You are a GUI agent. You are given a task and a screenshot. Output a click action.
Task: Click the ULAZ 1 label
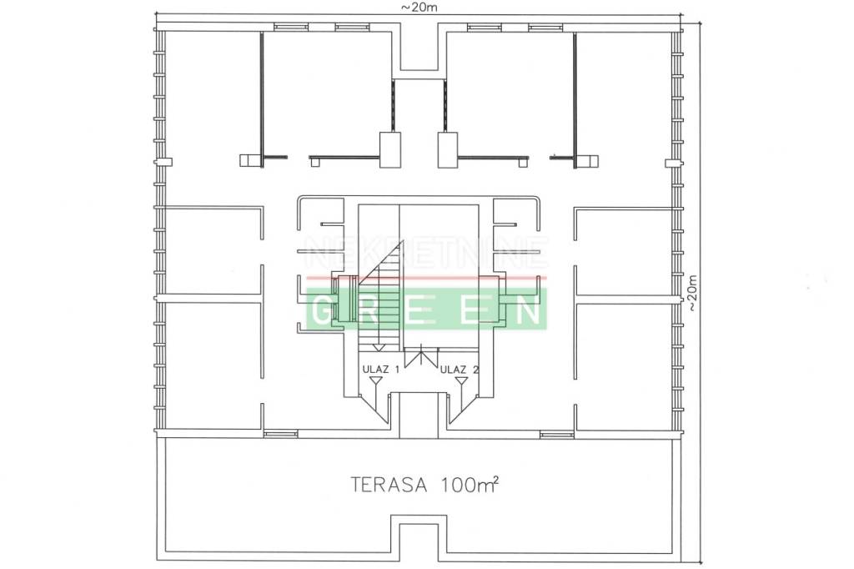click(x=380, y=370)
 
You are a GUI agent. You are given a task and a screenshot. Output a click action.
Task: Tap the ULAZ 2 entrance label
click(x=460, y=370)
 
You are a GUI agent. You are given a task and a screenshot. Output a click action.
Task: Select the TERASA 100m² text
click(x=424, y=484)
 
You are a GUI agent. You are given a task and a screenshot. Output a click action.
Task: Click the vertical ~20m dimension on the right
click(x=691, y=292)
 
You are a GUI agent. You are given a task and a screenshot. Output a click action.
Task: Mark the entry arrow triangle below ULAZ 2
click(x=461, y=380)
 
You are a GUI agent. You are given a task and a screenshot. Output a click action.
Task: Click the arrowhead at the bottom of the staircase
click(x=379, y=346)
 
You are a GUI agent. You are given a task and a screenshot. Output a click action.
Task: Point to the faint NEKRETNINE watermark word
click(x=426, y=253)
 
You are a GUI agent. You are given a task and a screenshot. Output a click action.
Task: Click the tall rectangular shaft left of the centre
click(x=390, y=149)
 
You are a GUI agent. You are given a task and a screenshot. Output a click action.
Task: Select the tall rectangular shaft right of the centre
click(x=448, y=149)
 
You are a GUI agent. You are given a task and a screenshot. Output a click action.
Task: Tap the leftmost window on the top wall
click(x=291, y=27)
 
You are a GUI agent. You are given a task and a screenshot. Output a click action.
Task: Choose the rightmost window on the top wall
click(x=546, y=27)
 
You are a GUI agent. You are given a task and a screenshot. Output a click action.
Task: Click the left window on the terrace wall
click(x=280, y=434)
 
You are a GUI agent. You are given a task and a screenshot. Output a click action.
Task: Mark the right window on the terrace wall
click(x=557, y=434)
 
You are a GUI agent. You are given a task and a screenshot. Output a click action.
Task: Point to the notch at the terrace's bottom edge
click(x=419, y=541)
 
